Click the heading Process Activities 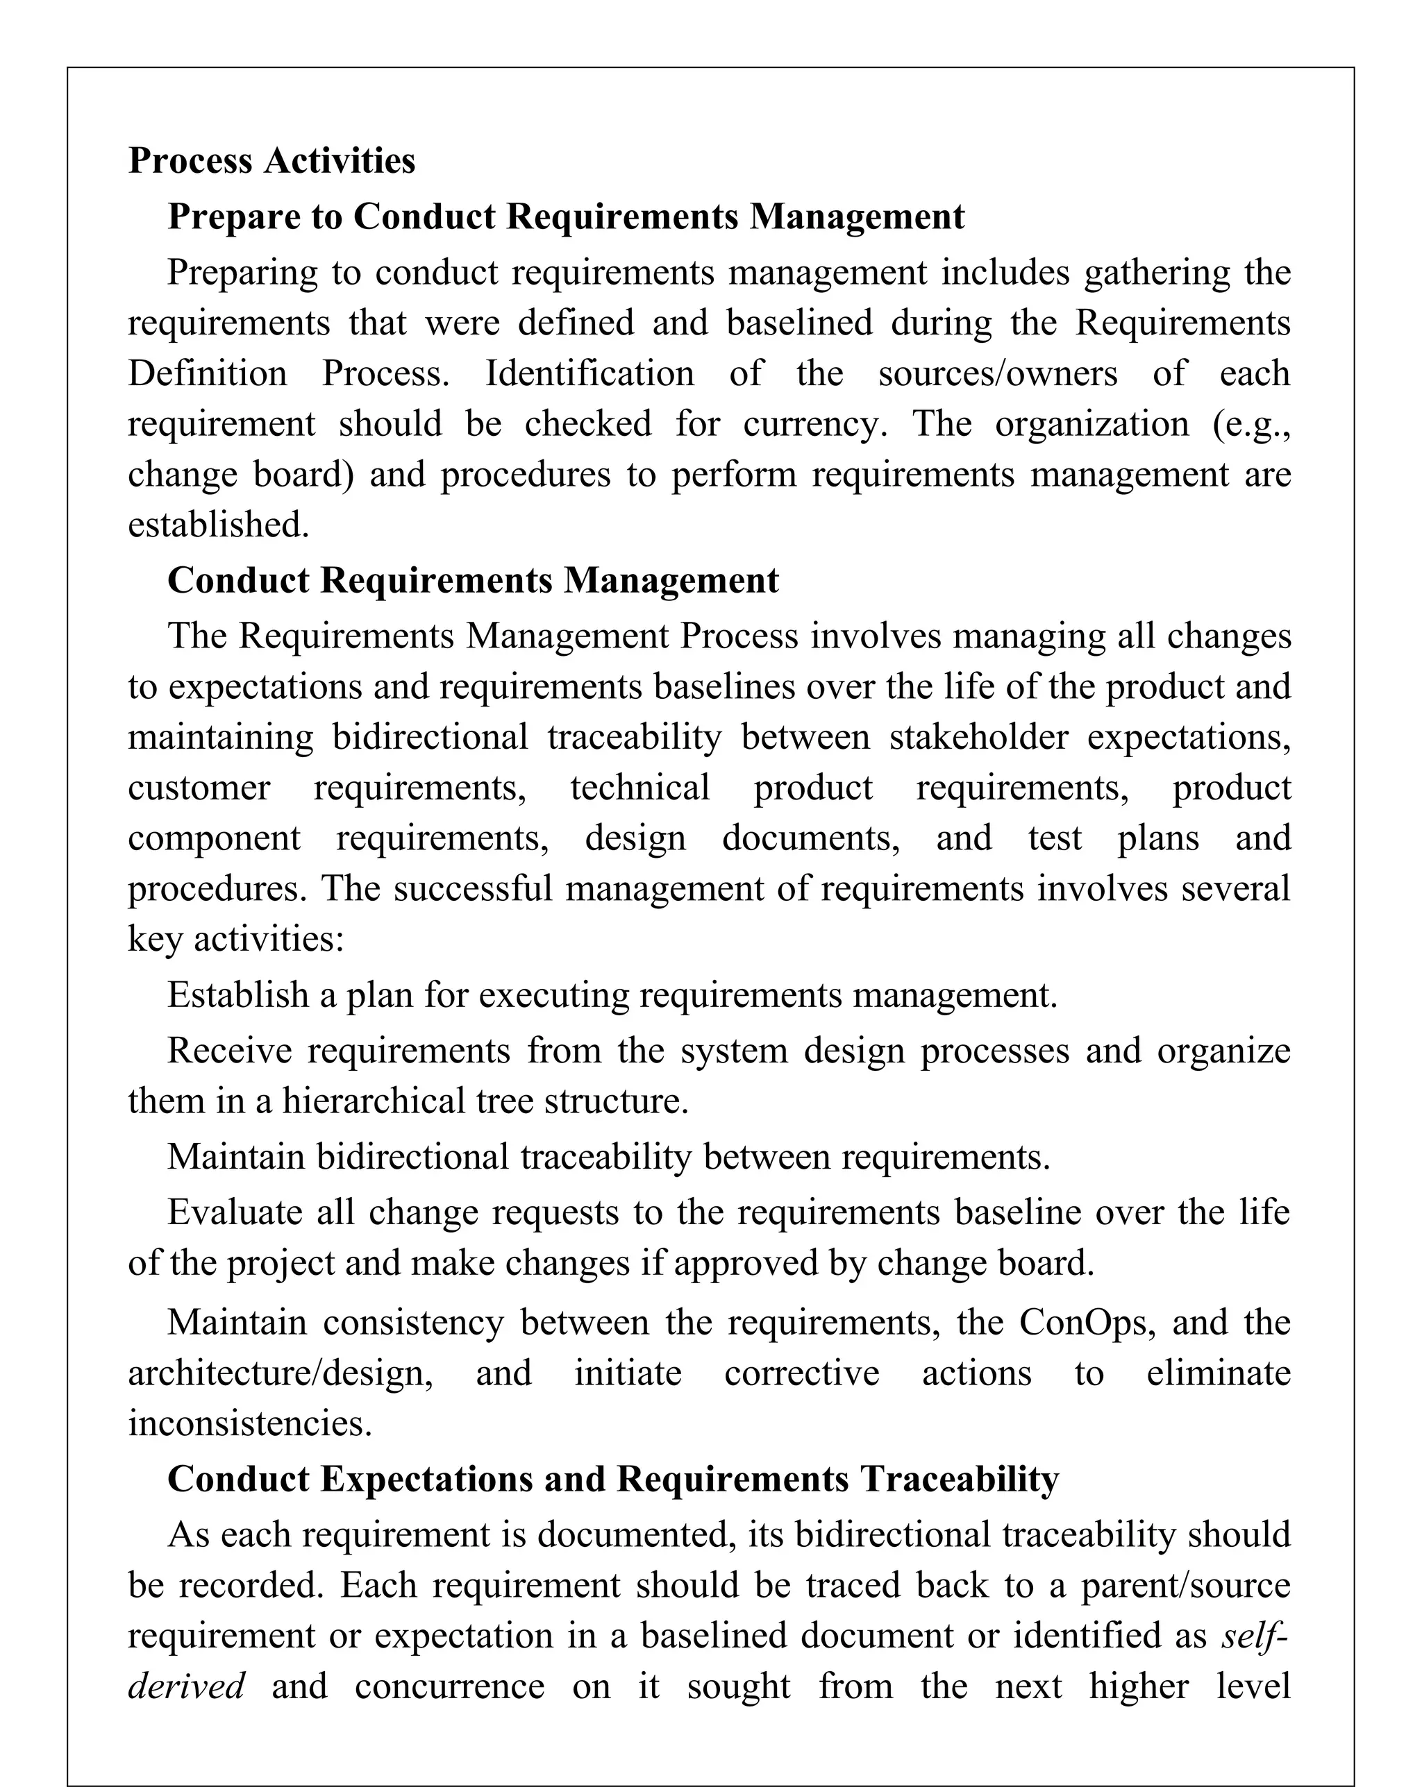271,160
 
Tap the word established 218,525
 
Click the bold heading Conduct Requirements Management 473,580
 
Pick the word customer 199,788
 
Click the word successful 473,888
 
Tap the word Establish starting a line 238,994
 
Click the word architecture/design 281,1373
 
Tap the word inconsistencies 249,1423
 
